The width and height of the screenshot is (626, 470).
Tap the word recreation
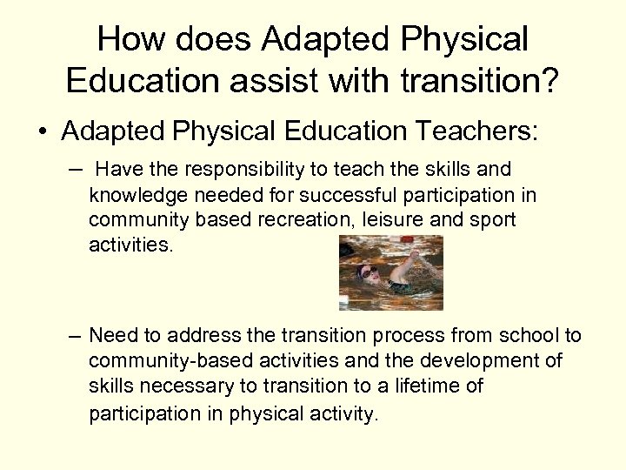click(x=300, y=219)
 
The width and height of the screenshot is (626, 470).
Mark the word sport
click(x=492, y=219)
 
